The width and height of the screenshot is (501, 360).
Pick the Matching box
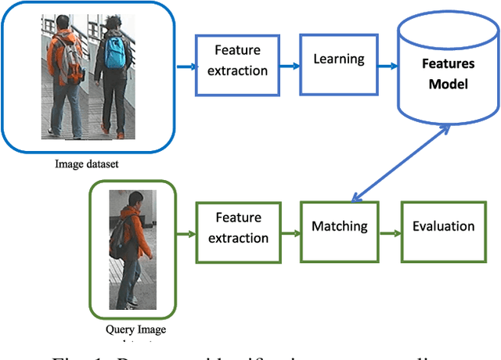(x=340, y=227)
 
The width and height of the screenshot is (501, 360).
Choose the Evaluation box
(x=443, y=227)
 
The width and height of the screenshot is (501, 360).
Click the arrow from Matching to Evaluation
(x=389, y=232)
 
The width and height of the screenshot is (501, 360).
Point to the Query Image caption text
(x=135, y=329)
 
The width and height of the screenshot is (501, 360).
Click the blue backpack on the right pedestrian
(x=115, y=52)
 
